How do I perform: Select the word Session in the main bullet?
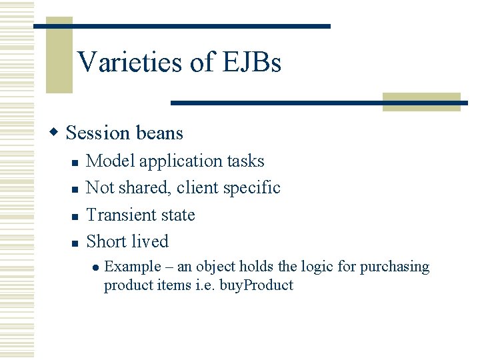pos(98,133)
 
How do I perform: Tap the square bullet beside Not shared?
pos(75,189)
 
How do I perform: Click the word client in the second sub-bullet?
pos(197,188)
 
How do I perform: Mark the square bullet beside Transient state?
pos(75,217)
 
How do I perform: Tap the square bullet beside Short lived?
pos(75,243)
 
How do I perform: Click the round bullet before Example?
pos(95,267)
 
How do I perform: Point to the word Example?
pos(133,267)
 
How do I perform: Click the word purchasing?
pos(395,267)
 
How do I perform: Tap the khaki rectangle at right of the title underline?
pos(421,102)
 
